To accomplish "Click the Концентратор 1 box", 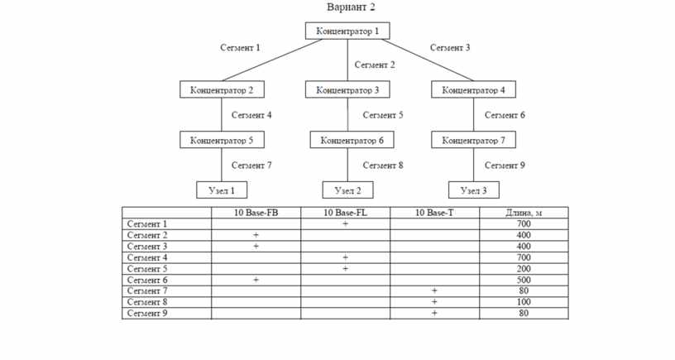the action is pos(347,31).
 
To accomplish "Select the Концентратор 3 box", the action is pos(347,89).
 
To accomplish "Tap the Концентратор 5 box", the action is pos(222,140).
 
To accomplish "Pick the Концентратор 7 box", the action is pos(473,140).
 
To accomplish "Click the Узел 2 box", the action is pos(347,190).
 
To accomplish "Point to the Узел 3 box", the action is pos(474,190).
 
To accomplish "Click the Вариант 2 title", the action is pos(351,7).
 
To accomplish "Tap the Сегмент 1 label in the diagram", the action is pos(240,47).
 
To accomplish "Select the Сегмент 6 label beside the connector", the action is pos(505,115).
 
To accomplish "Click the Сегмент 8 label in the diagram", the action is pos(383,166).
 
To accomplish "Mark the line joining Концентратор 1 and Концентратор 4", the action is pos(428,60).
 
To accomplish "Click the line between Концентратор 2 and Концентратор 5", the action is pos(222,114).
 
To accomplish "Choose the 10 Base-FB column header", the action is pos(256,213).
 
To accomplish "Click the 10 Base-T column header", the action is pos(434,213).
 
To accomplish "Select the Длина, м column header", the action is pos(524,213).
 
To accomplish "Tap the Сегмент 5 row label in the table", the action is pos(147,269).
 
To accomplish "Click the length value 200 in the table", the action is pos(524,269).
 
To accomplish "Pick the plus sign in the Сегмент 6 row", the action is pos(256,280).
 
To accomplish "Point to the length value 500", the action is pos(524,280).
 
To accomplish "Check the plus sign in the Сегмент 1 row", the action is pos(345,224).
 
